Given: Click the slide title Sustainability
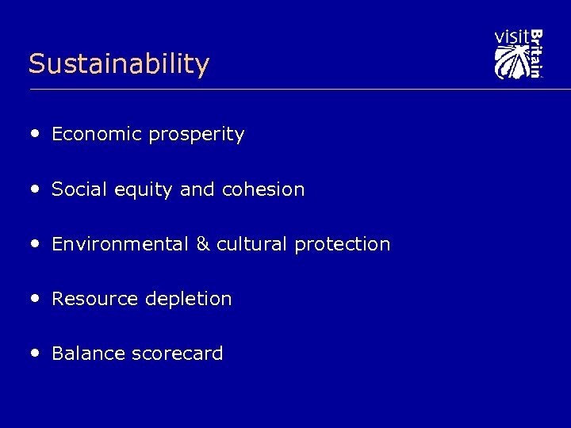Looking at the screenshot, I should [118, 63].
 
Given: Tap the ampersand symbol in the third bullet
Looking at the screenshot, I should [203, 244].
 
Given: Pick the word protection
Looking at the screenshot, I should [343, 244].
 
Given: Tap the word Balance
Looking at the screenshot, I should [88, 353].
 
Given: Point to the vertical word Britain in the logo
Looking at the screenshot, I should [536, 53].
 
